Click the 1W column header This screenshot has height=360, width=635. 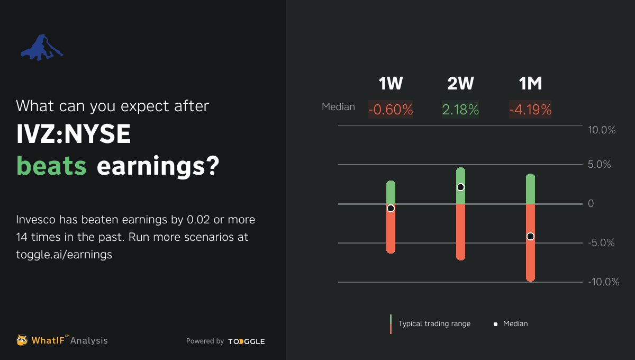click(391, 84)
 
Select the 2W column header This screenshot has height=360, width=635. click(461, 84)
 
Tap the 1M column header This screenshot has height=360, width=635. click(530, 84)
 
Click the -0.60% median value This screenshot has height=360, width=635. click(391, 110)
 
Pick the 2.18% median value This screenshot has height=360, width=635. click(460, 110)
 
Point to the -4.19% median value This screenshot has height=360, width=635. click(530, 110)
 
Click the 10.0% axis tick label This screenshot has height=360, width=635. click(602, 130)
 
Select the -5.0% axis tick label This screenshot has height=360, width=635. click(601, 243)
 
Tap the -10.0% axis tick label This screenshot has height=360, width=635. click(604, 282)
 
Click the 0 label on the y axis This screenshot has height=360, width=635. click(591, 204)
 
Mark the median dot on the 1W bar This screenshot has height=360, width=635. click(391, 209)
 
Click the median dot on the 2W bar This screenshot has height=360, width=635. click(461, 187)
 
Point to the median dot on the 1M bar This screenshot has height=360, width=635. click(530, 236)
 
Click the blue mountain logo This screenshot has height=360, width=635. click(42, 48)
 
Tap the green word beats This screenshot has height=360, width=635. click(51, 166)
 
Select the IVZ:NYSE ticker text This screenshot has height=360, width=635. click(74, 134)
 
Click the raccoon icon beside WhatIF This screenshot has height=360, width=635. click(22, 340)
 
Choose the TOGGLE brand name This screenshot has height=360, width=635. click(247, 341)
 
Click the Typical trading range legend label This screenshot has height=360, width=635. click(434, 323)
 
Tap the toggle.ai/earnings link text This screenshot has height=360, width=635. click(64, 255)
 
